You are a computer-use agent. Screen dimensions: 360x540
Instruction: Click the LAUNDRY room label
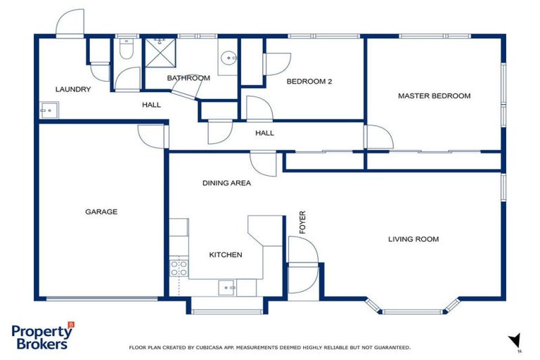[x=73, y=89]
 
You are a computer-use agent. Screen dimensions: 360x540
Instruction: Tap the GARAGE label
[x=101, y=212]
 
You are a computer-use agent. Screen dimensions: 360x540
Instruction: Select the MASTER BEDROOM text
[x=434, y=96]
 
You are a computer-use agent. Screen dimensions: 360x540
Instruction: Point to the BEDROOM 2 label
[x=309, y=82]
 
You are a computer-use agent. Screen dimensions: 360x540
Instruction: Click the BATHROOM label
[x=188, y=78]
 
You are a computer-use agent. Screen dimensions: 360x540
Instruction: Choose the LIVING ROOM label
[x=413, y=239]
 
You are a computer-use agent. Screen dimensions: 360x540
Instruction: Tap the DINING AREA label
[x=226, y=183]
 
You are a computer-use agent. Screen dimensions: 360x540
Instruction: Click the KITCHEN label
[x=226, y=255]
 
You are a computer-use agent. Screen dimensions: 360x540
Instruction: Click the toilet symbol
[x=127, y=49]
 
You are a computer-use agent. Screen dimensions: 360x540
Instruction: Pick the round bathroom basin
[x=228, y=58]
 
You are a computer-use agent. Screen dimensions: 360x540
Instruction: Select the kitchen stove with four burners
[x=179, y=267]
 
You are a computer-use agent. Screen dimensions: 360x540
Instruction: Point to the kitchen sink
[x=226, y=287]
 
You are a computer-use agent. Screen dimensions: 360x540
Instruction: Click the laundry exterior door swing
[x=70, y=22]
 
